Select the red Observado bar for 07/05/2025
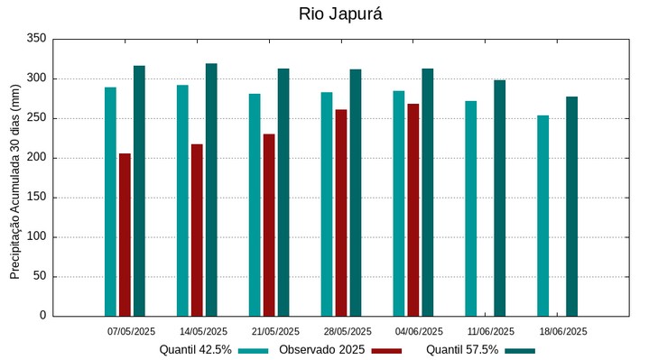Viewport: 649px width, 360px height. [x=125, y=235]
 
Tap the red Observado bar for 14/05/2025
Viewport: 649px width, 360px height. [x=197, y=230]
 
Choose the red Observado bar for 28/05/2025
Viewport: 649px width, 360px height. [x=341, y=212]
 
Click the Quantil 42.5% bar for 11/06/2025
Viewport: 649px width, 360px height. [x=471, y=208]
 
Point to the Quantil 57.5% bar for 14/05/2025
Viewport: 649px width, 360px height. [x=211, y=189]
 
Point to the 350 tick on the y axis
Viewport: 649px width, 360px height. [x=36, y=39]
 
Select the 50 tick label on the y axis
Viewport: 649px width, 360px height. [x=39, y=276]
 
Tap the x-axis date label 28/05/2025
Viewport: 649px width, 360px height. [x=348, y=331]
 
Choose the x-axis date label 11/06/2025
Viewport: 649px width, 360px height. [x=492, y=331]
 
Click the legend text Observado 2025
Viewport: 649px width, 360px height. [x=321, y=350]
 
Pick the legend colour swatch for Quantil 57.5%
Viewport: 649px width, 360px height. [x=520, y=350]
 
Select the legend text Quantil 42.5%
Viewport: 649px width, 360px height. [x=196, y=350]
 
